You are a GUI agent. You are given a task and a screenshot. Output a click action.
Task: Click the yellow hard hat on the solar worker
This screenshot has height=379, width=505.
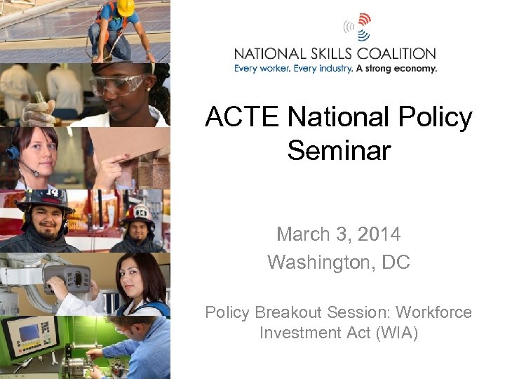coord(126,8)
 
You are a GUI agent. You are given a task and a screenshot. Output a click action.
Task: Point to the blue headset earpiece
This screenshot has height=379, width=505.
coord(12,152)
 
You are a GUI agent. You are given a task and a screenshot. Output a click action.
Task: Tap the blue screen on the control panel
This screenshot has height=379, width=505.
coord(30,331)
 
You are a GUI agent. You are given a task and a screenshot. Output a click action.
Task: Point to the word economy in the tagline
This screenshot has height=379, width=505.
coord(414,69)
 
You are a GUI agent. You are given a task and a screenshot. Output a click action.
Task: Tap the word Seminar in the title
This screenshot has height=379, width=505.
coord(339,149)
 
